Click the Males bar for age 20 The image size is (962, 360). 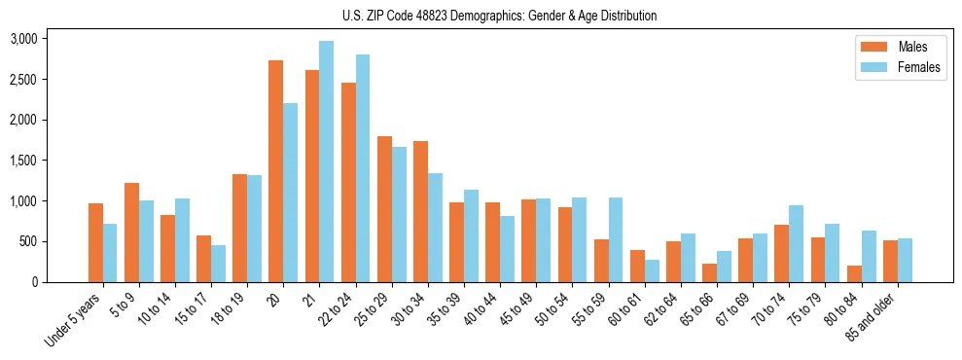(x=276, y=171)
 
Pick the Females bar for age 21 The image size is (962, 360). (x=326, y=162)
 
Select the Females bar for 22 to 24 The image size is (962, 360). (x=362, y=168)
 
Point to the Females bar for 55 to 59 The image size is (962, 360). (x=615, y=239)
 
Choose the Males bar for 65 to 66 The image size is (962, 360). (x=709, y=272)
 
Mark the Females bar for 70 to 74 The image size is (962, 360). (x=795, y=243)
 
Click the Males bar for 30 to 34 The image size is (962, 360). (x=420, y=211)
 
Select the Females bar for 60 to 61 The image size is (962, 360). (x=651, y=270)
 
